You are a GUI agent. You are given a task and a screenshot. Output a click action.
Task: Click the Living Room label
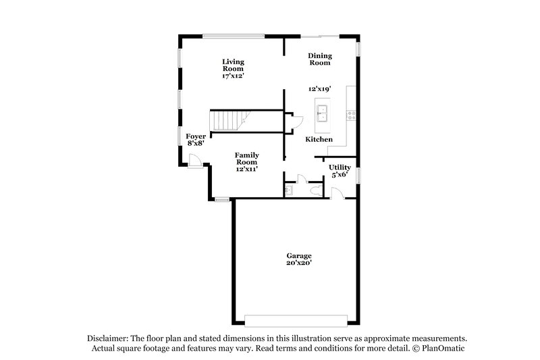[x=234, y=66]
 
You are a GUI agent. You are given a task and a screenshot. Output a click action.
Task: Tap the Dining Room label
[x=319, y=59]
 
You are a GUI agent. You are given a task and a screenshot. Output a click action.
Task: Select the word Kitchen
[x=319, y=139]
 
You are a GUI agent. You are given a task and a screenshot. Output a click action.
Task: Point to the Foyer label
[x=196, y=136]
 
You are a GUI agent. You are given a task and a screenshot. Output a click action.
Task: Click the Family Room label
[x=247, y=158]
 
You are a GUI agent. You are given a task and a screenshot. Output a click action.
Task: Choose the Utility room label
[x=340, y=167]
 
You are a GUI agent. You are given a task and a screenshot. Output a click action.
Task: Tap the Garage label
[x=298, y=255]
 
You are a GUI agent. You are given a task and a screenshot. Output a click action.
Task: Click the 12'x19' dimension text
[x=320, y=89]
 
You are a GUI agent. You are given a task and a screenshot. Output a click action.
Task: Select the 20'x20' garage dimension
[x=298, y=263]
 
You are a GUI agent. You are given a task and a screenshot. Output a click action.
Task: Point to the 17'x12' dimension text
[x=232, y=76]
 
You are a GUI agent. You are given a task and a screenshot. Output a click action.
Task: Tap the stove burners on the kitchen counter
[x=350, y=115]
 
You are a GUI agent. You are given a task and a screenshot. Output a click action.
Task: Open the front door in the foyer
[x=193, y=161]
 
